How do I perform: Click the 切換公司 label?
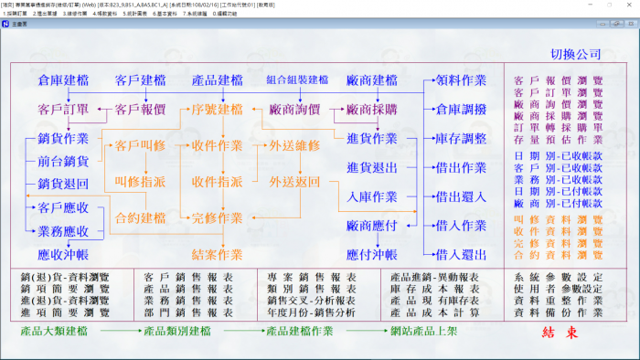[576, 55]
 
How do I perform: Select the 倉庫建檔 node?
[63, 81]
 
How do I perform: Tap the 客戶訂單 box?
[63, 110]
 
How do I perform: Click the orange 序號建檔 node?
[217, 110]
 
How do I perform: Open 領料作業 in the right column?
[462, 81]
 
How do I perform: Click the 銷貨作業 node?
[63, 139]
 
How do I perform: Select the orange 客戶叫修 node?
[140, 145]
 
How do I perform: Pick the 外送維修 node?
[294, 145]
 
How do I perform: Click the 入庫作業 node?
[371, 196]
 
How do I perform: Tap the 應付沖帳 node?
[371, 253]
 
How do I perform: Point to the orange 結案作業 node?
[217, 253]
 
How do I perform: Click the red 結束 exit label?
[560, 333]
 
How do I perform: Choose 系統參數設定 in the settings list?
[559, 276]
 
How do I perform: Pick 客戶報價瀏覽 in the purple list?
[559, 81]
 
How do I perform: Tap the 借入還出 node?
[462, 253]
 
